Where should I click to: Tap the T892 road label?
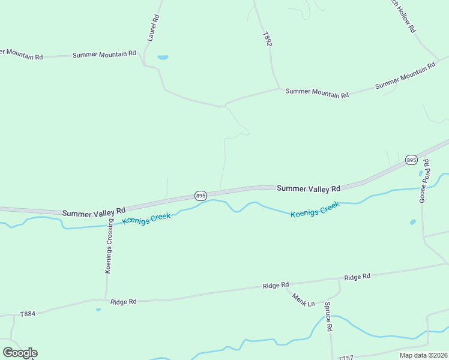[267, 40]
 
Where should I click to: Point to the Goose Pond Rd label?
[424, 181]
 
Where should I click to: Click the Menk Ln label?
[304, 299]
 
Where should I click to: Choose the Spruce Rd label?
[328, 317]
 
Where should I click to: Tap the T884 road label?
[28, 314]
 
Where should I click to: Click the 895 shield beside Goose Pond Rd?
[411, 160]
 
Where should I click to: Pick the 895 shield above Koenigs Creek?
[201, 196]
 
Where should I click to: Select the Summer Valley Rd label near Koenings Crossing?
[94, 211]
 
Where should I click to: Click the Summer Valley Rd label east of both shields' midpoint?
[309, 188]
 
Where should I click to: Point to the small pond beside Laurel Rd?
[163, 58]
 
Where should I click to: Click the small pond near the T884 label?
[98, 310]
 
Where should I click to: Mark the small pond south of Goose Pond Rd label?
[413, 222]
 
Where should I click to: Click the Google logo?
[20, 353]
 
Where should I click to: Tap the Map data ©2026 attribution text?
[423, 355]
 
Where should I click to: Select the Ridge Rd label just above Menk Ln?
[276, 286]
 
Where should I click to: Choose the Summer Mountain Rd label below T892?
[316, 93]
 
